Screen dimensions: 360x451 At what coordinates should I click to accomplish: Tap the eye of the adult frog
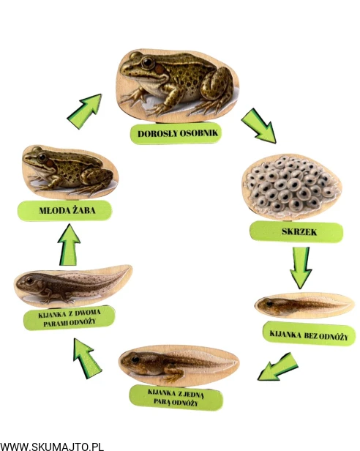point(148,62)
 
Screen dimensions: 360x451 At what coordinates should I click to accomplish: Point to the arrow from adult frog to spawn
point(259,126)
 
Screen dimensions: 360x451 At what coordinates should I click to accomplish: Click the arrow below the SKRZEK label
point(301,267)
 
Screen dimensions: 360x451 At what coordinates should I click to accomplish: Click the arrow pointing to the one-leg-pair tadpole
point(278,366)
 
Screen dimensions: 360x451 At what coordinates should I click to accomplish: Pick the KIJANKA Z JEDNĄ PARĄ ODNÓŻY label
point(176,398)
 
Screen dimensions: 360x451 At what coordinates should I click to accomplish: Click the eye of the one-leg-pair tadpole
point(135,359)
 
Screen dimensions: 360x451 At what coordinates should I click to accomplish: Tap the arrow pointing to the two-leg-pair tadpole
point(87,358)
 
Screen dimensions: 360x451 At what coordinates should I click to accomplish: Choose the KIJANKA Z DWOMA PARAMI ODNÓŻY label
point(69,318)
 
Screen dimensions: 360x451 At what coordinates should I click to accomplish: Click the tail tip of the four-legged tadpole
point(130,269)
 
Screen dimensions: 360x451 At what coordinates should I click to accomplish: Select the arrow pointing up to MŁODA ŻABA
point(69,245)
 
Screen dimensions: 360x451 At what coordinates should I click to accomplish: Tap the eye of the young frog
point(42,157)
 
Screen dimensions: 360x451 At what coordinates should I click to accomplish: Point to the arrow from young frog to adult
point(85,111)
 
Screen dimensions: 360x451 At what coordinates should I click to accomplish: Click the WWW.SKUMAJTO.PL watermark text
point(52,447)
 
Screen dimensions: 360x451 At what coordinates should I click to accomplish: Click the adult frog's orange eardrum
point(159,70)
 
